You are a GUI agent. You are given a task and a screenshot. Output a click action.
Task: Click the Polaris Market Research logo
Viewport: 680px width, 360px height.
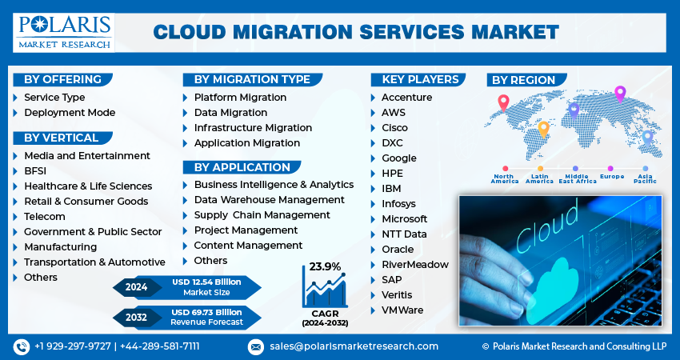pyautogui.click(x=64, y=33)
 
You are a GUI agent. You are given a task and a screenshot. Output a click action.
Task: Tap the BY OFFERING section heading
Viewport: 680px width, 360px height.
pyautogui.click(x=62, y=79)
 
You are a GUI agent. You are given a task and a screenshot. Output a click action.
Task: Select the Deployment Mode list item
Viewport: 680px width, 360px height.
pyautogui.click(x=70, y=113)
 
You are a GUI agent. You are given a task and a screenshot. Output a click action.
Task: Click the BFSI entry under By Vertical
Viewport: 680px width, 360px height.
pyautogui.click(x=35, y=171)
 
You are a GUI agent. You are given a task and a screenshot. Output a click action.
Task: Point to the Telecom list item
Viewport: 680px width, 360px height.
pyautogui.click(x=45, y=217)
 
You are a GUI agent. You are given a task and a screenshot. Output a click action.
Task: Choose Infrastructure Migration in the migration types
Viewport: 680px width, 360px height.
pyautogui.click(x=253, y=128)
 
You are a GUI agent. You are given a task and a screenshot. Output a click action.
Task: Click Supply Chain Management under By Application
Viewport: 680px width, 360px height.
pyautogui.click(x=262, y=215)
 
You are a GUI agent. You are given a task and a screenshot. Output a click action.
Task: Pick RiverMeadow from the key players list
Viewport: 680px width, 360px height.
pyautogui.click(x=415, y=265)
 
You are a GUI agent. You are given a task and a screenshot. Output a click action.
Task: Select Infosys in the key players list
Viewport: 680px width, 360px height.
pyautogui.click(x=398, y=204)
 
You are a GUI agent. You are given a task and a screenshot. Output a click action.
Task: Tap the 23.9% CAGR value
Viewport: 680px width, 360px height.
pyautogui.click(x=325, y=266)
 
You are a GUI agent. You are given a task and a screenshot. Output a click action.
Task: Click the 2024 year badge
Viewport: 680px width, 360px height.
pyautogui.click(x=136, y=287)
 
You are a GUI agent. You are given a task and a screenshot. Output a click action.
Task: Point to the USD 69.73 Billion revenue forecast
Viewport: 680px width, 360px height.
pyautogui.click(x=206, y=312)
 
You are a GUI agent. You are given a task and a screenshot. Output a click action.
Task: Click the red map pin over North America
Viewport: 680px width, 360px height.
pyautogui.click(x=503, y=103)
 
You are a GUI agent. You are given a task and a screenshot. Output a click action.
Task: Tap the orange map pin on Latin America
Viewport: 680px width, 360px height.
pyautogui.click(x=543, y=130)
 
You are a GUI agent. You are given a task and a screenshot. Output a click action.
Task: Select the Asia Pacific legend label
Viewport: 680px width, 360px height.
pyautogui.click(x=645, y=178)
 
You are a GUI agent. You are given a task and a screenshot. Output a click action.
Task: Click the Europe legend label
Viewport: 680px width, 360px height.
pyautogui.click(x=612, y=177)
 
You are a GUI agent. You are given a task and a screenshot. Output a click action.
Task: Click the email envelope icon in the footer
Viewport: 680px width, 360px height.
pyautogui.click(x=255, y=347)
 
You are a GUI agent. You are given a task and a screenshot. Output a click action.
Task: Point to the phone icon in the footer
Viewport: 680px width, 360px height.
pyautogui.click(x=22, y=347)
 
